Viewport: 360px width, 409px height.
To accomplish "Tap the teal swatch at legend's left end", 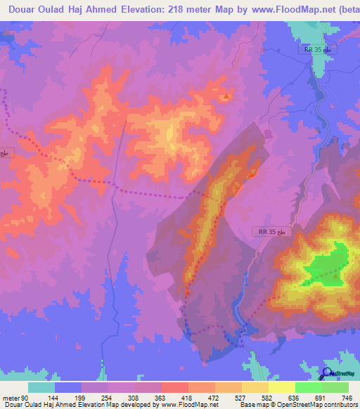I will pos(42,387).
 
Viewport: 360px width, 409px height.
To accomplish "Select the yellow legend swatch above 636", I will pos(281,387).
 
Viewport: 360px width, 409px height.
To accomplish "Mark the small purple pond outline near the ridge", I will pos(267,134).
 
